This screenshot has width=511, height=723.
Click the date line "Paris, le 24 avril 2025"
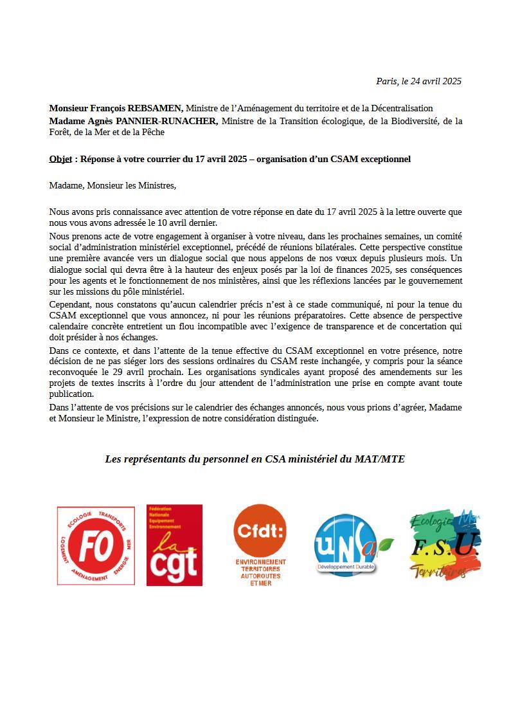(x=418, y=81)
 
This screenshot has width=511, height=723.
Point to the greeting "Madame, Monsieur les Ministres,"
(x=112, y=185)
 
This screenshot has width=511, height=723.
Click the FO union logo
(x=96, y=545)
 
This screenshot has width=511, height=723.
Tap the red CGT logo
(x=174, y=545)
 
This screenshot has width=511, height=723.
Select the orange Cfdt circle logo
(x=260, y=531)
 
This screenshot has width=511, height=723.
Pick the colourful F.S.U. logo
(x=445, y=545)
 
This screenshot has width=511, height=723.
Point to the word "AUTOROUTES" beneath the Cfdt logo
(x=260, y=576)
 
